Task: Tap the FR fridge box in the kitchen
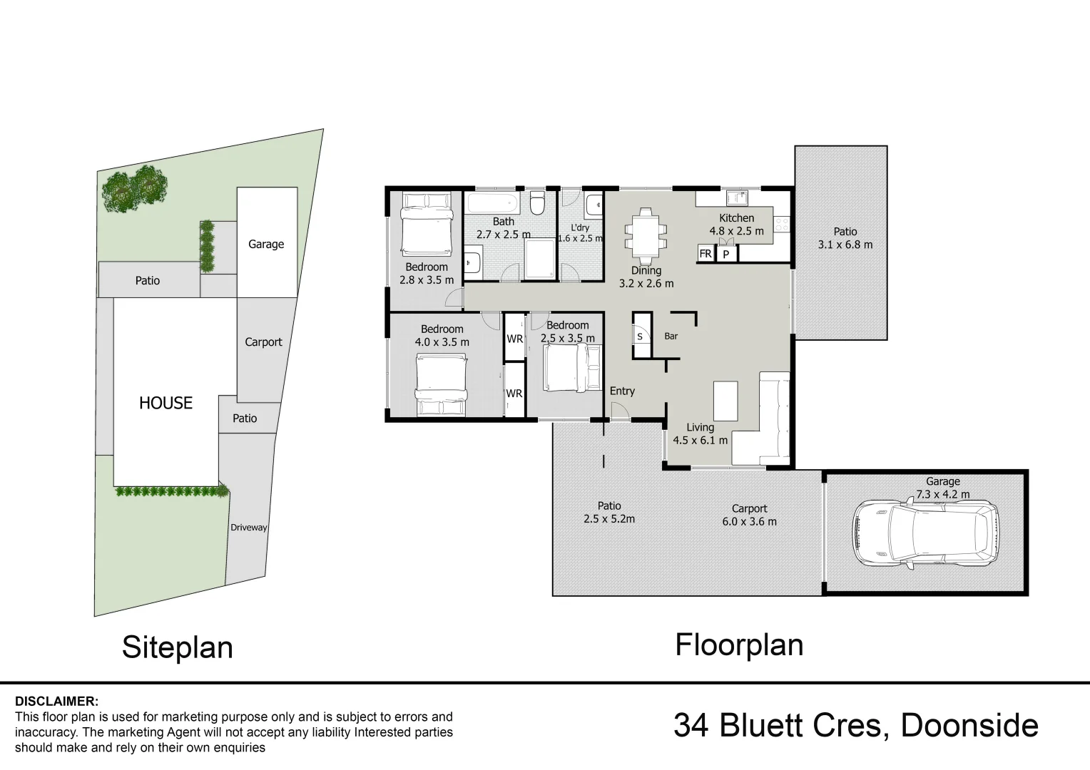click(x=706, y=253)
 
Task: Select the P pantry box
click(x=726, y=254)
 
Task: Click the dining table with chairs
click(x=646, y=234)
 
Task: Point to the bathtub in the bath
click(x=492, y=202)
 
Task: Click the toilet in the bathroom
click(x=537, y=202)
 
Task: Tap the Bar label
click(x=671, y=336)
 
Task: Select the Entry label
click(x=622, y=391)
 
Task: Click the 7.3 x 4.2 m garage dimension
click(x=942, y=494)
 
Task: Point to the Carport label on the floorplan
click(x=749, y=508)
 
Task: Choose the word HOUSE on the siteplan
click(x=166, y=403)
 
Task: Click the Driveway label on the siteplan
click(x=249, y=528)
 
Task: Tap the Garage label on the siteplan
click(x=266, y=244)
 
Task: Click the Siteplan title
click(x=178, y=648)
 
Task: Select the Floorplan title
click(x=739, y=645)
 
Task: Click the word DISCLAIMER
click(x=56, y=701)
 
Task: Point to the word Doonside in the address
click(x=969, y=726)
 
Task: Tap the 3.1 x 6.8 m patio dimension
click(x=845, y=245)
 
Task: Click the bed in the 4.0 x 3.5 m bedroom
click(x=442, y=385)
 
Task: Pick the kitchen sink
click(x=737, y=198)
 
